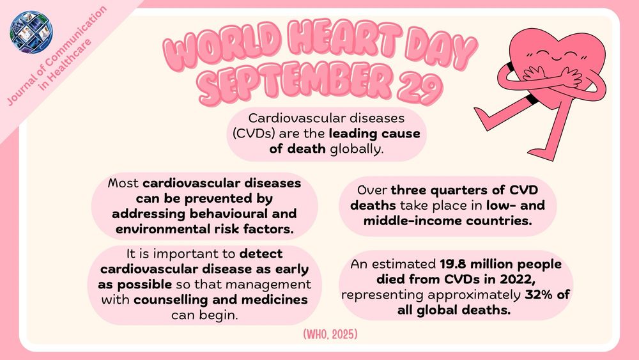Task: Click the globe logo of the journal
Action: [x=31, y=32]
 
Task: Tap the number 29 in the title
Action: [x=420, y=86]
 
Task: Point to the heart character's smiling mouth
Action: [x=556, y=61]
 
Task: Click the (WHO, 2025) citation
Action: [x=330, y=334]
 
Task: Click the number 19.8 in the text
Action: [x=453, y=264]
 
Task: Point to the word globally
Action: [x=357, y=149]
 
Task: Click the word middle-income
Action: [x=412, y=221]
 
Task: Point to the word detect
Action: [x=261, y=254]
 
